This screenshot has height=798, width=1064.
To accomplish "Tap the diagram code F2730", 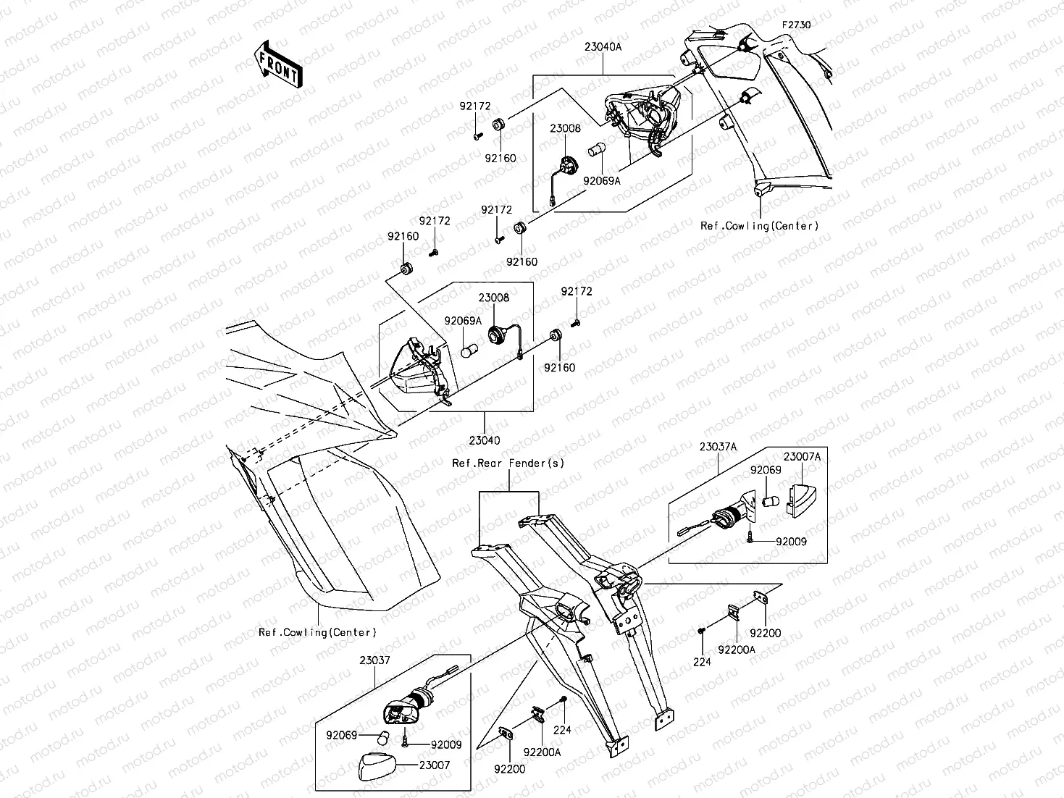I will click(x=796, y=25).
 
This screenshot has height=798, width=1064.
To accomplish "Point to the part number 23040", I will click(x=484, y=440).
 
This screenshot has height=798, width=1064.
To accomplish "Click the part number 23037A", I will click(x=718, y=448).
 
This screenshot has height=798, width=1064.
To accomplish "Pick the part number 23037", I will click(x=374, y=660).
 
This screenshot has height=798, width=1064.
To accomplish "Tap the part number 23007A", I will click(x=802, y=456).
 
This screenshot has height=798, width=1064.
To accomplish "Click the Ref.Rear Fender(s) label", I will click(x=508, y=463).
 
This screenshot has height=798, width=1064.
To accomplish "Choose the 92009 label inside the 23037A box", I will click(x=791, y=541).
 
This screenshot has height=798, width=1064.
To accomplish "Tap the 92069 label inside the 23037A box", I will click(x=766, y=470).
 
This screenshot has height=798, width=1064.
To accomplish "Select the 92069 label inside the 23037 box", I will click(x=341, y=736).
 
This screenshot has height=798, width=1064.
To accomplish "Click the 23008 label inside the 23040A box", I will click(x=565, y=128).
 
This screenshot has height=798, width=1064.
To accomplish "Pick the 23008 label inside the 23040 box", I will click(x=493, y=298).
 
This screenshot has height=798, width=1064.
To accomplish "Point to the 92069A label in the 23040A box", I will click(x=602, y=181).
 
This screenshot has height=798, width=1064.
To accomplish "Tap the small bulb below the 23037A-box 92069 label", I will click(x=771, y=500).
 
